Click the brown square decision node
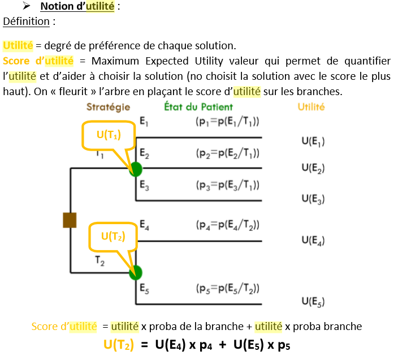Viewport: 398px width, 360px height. point(70,220)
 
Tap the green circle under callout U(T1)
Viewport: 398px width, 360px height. point(136,169)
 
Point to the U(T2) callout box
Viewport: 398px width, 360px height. point(113,237)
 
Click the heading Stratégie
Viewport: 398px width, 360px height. point(108,106)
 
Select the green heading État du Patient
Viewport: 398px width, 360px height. point(198,106)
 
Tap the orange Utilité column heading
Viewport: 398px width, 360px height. point(311,106)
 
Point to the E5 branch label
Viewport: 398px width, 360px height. point(144,291)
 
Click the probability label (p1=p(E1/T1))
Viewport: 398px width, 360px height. point(228,122)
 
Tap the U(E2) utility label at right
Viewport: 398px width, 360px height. point(313,168)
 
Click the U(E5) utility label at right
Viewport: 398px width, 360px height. point(313,301)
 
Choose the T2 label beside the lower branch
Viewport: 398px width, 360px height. point(99,262)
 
